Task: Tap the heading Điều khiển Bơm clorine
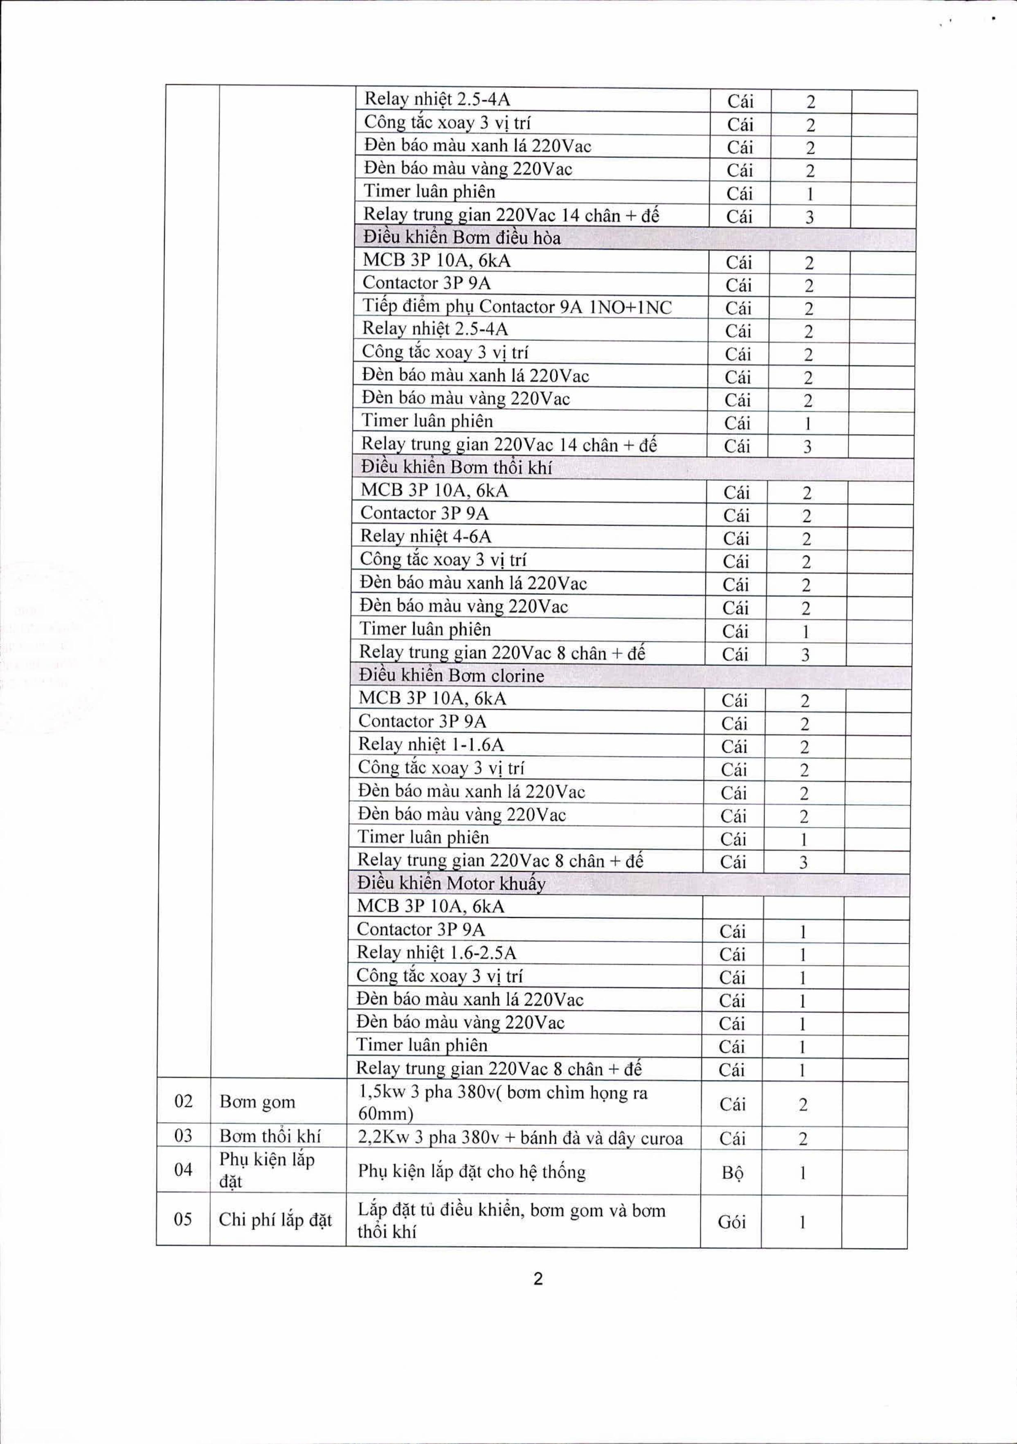coord(451,675)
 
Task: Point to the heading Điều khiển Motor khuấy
coord(451,884)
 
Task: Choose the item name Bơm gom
coord(257,1102)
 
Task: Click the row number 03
coord(183,1136)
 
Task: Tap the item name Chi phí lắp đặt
coord(275,1220)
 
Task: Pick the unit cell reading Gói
coord(731,1221)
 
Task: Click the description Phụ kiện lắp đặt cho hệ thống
coord(472,1172)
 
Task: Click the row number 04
coord(183,1170)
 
